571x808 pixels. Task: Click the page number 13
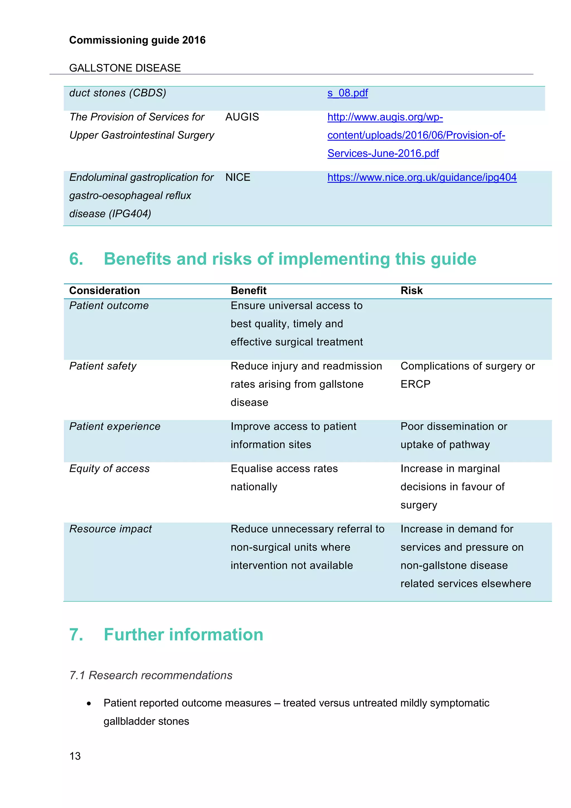(x=75, y=756)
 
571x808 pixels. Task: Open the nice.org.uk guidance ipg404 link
(x=422, y=177)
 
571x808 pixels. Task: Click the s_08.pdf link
(x=347, y=93)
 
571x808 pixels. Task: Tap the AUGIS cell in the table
(x=242, y=117)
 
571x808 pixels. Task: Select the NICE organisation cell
(x=238, y=177)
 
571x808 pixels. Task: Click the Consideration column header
(x=105, y=291)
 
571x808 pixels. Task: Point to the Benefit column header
(x=248, y=291)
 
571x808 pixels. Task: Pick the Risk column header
(x=411, y=291)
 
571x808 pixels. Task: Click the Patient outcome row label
(x=109, y=306)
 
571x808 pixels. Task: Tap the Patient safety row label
(x=103, y=366)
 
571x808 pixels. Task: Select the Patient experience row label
(x=115, y=427)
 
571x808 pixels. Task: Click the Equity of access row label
(x=109, y=469)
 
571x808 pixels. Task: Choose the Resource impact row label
(x=110, y=529)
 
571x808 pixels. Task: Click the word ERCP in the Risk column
(x=415, y=384)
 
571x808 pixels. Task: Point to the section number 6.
(x=76, y=259)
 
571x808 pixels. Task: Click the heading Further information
(x=183, y=635)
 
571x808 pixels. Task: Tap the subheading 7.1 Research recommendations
(x=151, y=675)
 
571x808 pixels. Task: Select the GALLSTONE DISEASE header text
(x=125, y=68)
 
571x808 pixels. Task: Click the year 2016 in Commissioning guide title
(x=194, y=40)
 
